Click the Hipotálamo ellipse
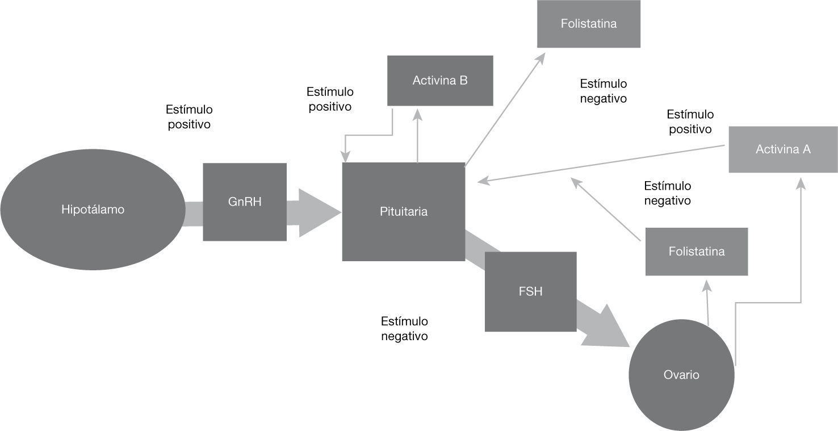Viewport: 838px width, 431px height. pos(93,210)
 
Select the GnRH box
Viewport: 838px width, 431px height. pos(245,202)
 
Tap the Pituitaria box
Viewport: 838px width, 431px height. pos(403,212)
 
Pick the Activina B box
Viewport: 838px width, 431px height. pos(440,81)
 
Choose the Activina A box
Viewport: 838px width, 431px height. pos(783,149)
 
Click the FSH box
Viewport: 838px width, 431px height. pos(530,291)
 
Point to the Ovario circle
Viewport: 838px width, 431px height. pos(681,375)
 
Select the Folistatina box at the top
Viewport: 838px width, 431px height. pos(589,24)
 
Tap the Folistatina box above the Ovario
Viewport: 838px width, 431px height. pos(697,252)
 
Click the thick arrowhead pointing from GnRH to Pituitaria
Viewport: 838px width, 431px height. pos(318,212)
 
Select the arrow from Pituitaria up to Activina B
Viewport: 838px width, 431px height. pos(417,136)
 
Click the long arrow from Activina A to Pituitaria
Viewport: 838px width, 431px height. pos(602,164)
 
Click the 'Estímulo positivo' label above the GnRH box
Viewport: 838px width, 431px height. pos(189,116)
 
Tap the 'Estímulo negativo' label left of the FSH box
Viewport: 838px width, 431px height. pos(404,329)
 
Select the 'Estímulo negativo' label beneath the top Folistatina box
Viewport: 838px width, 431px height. pos(603,91)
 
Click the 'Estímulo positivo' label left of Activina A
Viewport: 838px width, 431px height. pos(690,122)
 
